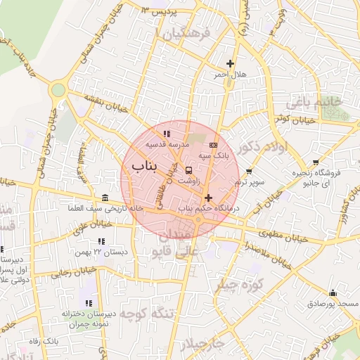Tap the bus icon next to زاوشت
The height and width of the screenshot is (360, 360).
tap(188, 169)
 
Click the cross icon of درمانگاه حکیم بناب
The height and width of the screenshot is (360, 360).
tap(208, 198)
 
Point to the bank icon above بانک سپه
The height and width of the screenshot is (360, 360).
tap(214, 145)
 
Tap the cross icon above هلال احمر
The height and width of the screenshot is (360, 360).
tap(230, 64)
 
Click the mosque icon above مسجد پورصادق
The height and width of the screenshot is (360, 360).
tap(333, 292)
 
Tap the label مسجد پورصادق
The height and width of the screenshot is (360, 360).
tap(333, 303)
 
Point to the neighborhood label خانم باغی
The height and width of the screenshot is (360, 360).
tap(314, 103)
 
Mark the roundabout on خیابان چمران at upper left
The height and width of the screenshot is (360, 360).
tap(58, 90)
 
